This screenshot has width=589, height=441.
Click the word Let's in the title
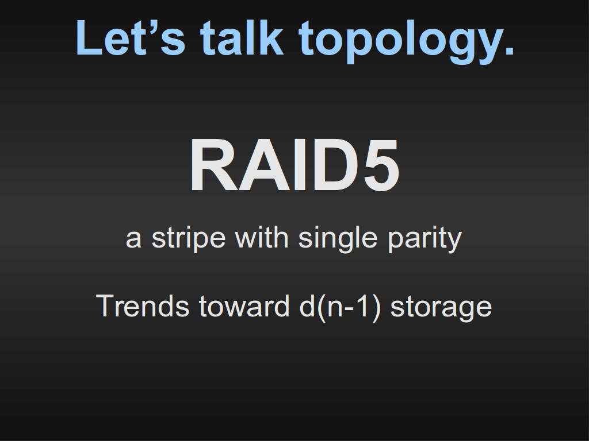point(131,38)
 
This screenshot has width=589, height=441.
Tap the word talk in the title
point(242,37)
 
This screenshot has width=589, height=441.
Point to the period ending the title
point(510,51)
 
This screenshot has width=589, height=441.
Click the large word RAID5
point(295,165)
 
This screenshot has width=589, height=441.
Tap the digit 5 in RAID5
point(381,165)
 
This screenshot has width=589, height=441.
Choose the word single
point(338,240)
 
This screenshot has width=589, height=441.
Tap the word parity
point(424,240)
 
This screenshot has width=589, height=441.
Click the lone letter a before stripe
point(133,240)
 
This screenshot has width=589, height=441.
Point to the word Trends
point(143,306)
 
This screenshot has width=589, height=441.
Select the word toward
point(244,306)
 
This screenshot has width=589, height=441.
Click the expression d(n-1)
point(341,308)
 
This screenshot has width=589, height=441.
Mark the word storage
point(441,308)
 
